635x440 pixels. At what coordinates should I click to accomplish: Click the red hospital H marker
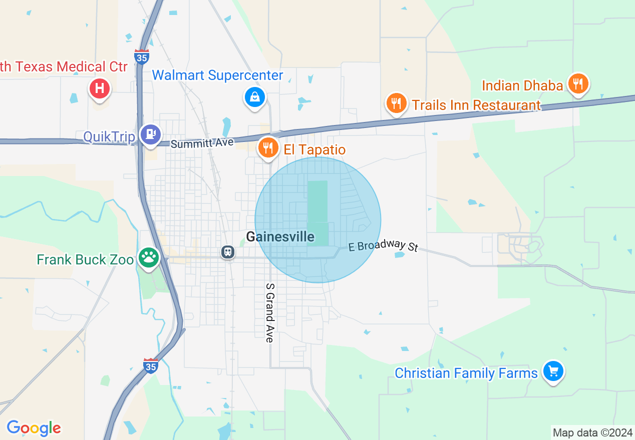(100, 89)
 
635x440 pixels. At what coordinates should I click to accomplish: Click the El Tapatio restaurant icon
(268, 147)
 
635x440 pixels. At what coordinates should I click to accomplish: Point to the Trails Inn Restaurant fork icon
(396, 102)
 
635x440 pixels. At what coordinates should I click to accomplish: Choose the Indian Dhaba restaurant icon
(578, 83)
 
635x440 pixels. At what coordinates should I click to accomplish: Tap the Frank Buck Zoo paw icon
(149, 257)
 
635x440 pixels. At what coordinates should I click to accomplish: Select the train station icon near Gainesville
(228, 251)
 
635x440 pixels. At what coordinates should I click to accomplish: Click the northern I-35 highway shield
(142, 56)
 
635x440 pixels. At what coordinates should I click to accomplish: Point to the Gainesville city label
(280, 236)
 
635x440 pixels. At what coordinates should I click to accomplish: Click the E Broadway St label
(383, 245)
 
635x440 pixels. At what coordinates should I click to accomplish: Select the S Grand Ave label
(270, 313)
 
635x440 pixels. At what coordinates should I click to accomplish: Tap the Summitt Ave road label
(202, 143)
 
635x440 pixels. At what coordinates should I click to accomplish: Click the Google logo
(34, 428)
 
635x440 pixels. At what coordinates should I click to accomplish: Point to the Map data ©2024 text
(592, 432)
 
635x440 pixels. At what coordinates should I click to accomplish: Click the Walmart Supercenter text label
(217, 75)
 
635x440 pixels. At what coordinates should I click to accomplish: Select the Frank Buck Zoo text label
(85, 259)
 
